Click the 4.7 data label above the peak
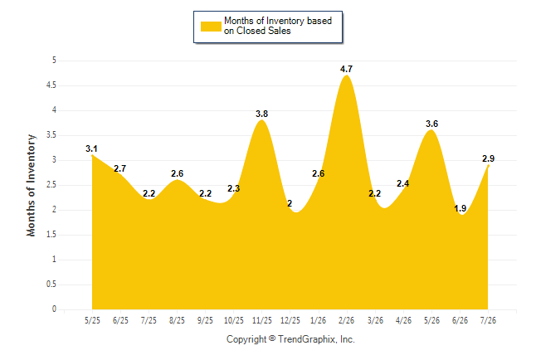346,69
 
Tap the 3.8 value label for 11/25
262,114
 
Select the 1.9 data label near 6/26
460,208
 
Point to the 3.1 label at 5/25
91,148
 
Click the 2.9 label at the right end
488,158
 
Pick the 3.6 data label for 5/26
431,124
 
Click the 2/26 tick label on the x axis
346,320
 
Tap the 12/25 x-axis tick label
290,320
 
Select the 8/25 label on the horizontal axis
177,320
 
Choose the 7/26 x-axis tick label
488,320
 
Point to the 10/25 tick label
234,320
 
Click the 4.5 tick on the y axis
51,85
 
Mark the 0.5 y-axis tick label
51,285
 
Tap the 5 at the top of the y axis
54,61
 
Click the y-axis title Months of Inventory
31,185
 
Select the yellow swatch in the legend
211,27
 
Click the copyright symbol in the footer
272,338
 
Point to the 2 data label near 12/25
290,203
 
